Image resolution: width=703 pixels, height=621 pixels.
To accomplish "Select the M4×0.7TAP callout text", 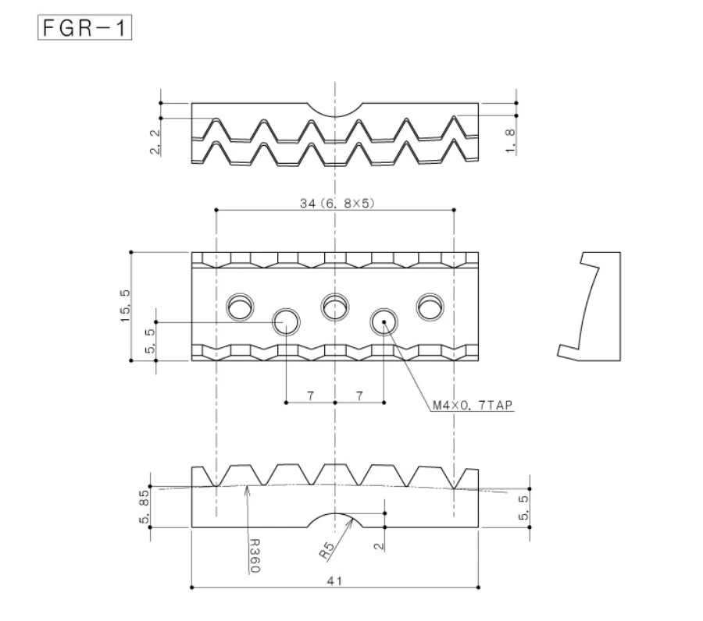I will point(473,406).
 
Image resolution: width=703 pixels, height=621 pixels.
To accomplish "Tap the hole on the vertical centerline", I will point(335,306).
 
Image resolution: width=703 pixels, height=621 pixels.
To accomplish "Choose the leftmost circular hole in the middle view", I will point(240,307).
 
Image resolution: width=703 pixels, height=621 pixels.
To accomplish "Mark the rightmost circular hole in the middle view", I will point(429,307).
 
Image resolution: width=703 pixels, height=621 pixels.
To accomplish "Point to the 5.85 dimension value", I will point(145,507).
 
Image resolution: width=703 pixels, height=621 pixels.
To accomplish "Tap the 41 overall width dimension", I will point(335,581).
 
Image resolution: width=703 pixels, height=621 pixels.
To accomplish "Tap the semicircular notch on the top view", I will point(335,108).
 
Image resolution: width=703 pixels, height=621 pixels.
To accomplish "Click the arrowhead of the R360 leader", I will point(248,488).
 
